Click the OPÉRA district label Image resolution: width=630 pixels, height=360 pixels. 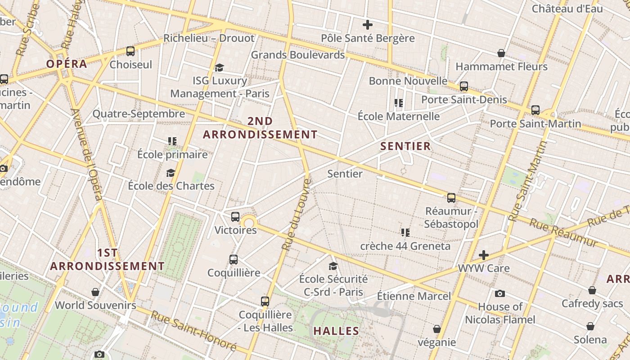click(67, 64)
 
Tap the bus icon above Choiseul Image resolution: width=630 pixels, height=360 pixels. click(130, 51)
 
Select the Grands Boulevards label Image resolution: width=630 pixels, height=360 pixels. click(297, 55)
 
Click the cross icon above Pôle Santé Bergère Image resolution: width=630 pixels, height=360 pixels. click(368, 25)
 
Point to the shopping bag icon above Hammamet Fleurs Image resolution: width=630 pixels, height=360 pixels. click(501, 54)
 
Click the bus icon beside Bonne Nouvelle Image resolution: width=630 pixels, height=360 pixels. click(464, 86)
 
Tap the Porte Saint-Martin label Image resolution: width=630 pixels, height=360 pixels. click(535, 123)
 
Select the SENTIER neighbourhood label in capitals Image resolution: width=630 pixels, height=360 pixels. click(405, 146)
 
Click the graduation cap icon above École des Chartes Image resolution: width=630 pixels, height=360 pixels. click(171, 173)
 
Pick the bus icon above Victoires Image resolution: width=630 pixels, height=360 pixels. click(235, 217)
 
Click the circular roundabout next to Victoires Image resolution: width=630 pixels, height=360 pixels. click(249, 222)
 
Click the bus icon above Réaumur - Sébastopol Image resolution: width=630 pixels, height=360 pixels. click(451, 198)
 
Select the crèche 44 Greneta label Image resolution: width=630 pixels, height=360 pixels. click(405, 246)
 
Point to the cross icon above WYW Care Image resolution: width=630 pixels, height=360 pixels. click(484, 256)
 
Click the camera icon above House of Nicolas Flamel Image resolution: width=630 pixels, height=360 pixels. click(500, 294)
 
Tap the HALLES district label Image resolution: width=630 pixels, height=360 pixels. click(336, 331)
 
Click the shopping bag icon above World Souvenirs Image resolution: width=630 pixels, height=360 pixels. click(95, 292)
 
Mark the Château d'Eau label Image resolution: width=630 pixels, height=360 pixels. click(567, 9)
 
